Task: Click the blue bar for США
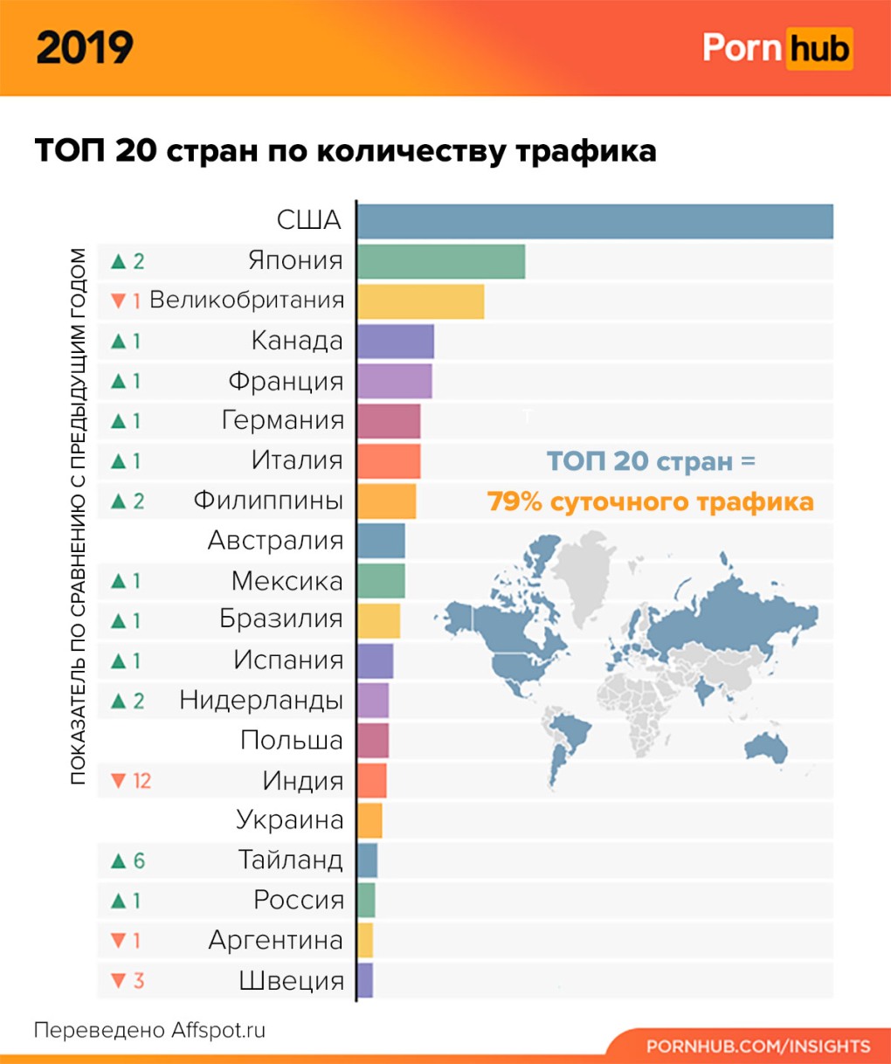(x=595, y=221)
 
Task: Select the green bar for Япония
(x=441, y=261)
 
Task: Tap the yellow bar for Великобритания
(x=420, y=301)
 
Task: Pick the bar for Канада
(x=396, y=341)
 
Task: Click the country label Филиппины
(x=268, y=501)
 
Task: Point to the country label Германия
(x=283, y=421)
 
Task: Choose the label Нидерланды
(x=261, y=701)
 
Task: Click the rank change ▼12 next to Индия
(x=131, y=781)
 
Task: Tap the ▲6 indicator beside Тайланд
(x=128, y=861)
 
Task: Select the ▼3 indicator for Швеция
(x=128, y=981)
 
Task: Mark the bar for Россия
(x=366, y=901)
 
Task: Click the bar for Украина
(x=370, y=821)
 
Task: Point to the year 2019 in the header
(x=85, y=48)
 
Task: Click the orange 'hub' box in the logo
(x=818, y=49)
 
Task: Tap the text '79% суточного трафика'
(x=650, y=502)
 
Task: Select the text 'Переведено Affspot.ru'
(x=149, y=1031)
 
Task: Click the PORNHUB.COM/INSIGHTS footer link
(x=758, y=1047)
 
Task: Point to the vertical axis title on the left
(x=79, y=515)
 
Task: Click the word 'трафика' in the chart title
(x=585, y=151)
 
